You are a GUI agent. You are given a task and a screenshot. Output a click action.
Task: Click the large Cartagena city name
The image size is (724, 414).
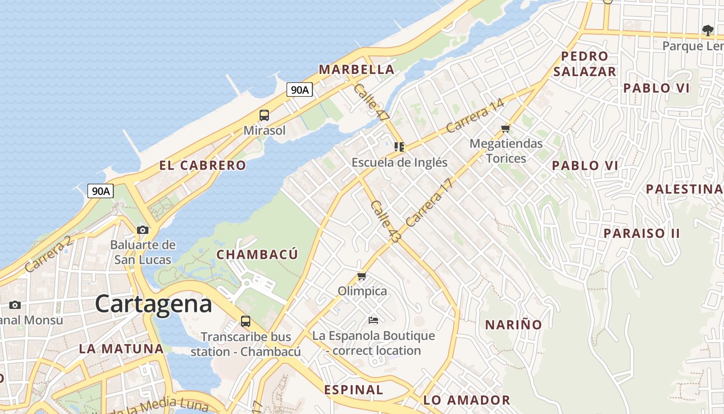pos(154,304)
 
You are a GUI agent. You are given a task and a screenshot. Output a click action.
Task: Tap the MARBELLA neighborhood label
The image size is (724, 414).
pos(356,69)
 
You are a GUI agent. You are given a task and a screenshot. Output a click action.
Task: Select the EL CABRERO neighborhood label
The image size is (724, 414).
pos(203,166)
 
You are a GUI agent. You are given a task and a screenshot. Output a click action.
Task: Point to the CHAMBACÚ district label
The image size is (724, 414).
pos(257,255)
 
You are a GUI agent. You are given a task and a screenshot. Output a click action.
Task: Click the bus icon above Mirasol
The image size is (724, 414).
pos(264,115)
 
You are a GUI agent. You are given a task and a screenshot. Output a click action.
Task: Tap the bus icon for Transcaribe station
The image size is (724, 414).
pos(246,321)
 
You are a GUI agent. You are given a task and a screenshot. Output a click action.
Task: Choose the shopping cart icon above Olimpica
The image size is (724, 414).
pos(362,276)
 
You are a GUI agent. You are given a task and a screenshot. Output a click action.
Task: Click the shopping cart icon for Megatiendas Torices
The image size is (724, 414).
pos(506,128)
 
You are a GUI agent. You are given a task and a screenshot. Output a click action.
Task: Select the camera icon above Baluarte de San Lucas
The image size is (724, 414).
pos(143,230)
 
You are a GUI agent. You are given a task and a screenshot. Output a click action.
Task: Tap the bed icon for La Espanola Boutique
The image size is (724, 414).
pos(373,320)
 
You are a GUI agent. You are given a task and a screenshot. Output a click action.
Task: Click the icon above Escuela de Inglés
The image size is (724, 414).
pos(399,147)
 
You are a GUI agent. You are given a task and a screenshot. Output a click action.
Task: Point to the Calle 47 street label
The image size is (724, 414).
pos(371,103)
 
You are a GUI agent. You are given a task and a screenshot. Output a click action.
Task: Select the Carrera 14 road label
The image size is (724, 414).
pos(475,116)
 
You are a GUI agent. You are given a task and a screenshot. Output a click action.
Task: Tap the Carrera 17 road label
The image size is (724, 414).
pos(429,203)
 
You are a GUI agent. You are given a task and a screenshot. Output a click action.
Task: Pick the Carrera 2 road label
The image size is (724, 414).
pos(48,255)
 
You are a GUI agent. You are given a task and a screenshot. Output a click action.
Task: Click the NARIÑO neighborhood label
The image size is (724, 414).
pos(513,325)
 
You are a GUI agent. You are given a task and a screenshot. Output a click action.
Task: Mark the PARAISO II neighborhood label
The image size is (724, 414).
pos(642,233)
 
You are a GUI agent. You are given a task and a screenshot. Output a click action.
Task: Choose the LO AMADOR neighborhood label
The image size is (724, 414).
pos(466,400)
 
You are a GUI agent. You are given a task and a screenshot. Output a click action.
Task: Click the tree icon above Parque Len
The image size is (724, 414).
pos(707,31)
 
